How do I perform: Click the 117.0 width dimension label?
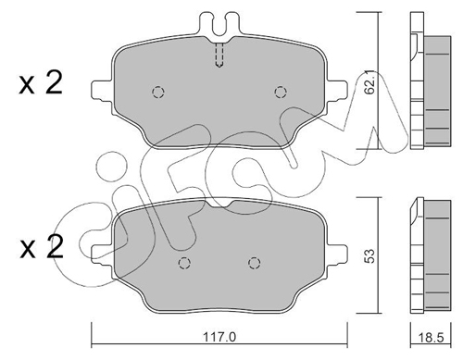coord(219,337)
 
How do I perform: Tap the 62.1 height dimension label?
coord(369,82)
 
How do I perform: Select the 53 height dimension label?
coord(369,255)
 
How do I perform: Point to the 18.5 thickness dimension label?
coord(431,338)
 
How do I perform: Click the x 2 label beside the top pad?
coord(41,82)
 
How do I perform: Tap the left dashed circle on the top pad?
coord(158,92)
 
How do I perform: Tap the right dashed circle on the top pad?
coord(281,92)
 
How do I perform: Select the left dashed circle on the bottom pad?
coord(184,263)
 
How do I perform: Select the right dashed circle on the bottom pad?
coord(254,263)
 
